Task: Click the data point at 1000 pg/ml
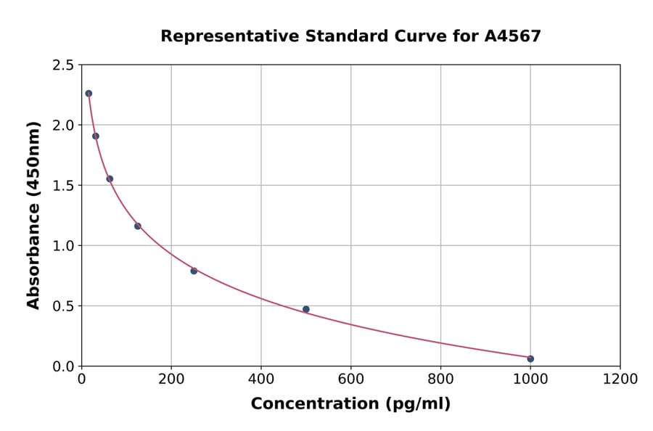coord(530,358)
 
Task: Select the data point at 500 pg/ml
coord(306,309)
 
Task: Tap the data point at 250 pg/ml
coord(194,271)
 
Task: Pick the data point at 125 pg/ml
coord(138,226)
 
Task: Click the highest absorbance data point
coord(89,94)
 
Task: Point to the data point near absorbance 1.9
coord(96,136)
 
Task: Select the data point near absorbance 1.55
coord(110,178)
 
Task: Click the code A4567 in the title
coord(512,36)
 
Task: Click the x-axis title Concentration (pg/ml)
coord(350,404)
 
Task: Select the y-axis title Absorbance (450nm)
coord(33,215)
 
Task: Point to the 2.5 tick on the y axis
coord(62,65)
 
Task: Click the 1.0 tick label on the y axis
coord(62,246)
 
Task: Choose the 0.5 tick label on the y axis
coord(62,306)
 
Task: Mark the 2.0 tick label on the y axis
coord(62,126)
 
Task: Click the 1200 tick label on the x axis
coord(620,379)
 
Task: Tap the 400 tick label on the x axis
coord(261,379)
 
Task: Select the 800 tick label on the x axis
coord(440,379)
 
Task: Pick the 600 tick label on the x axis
coord(351,379)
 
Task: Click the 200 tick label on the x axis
coord(171,379)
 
